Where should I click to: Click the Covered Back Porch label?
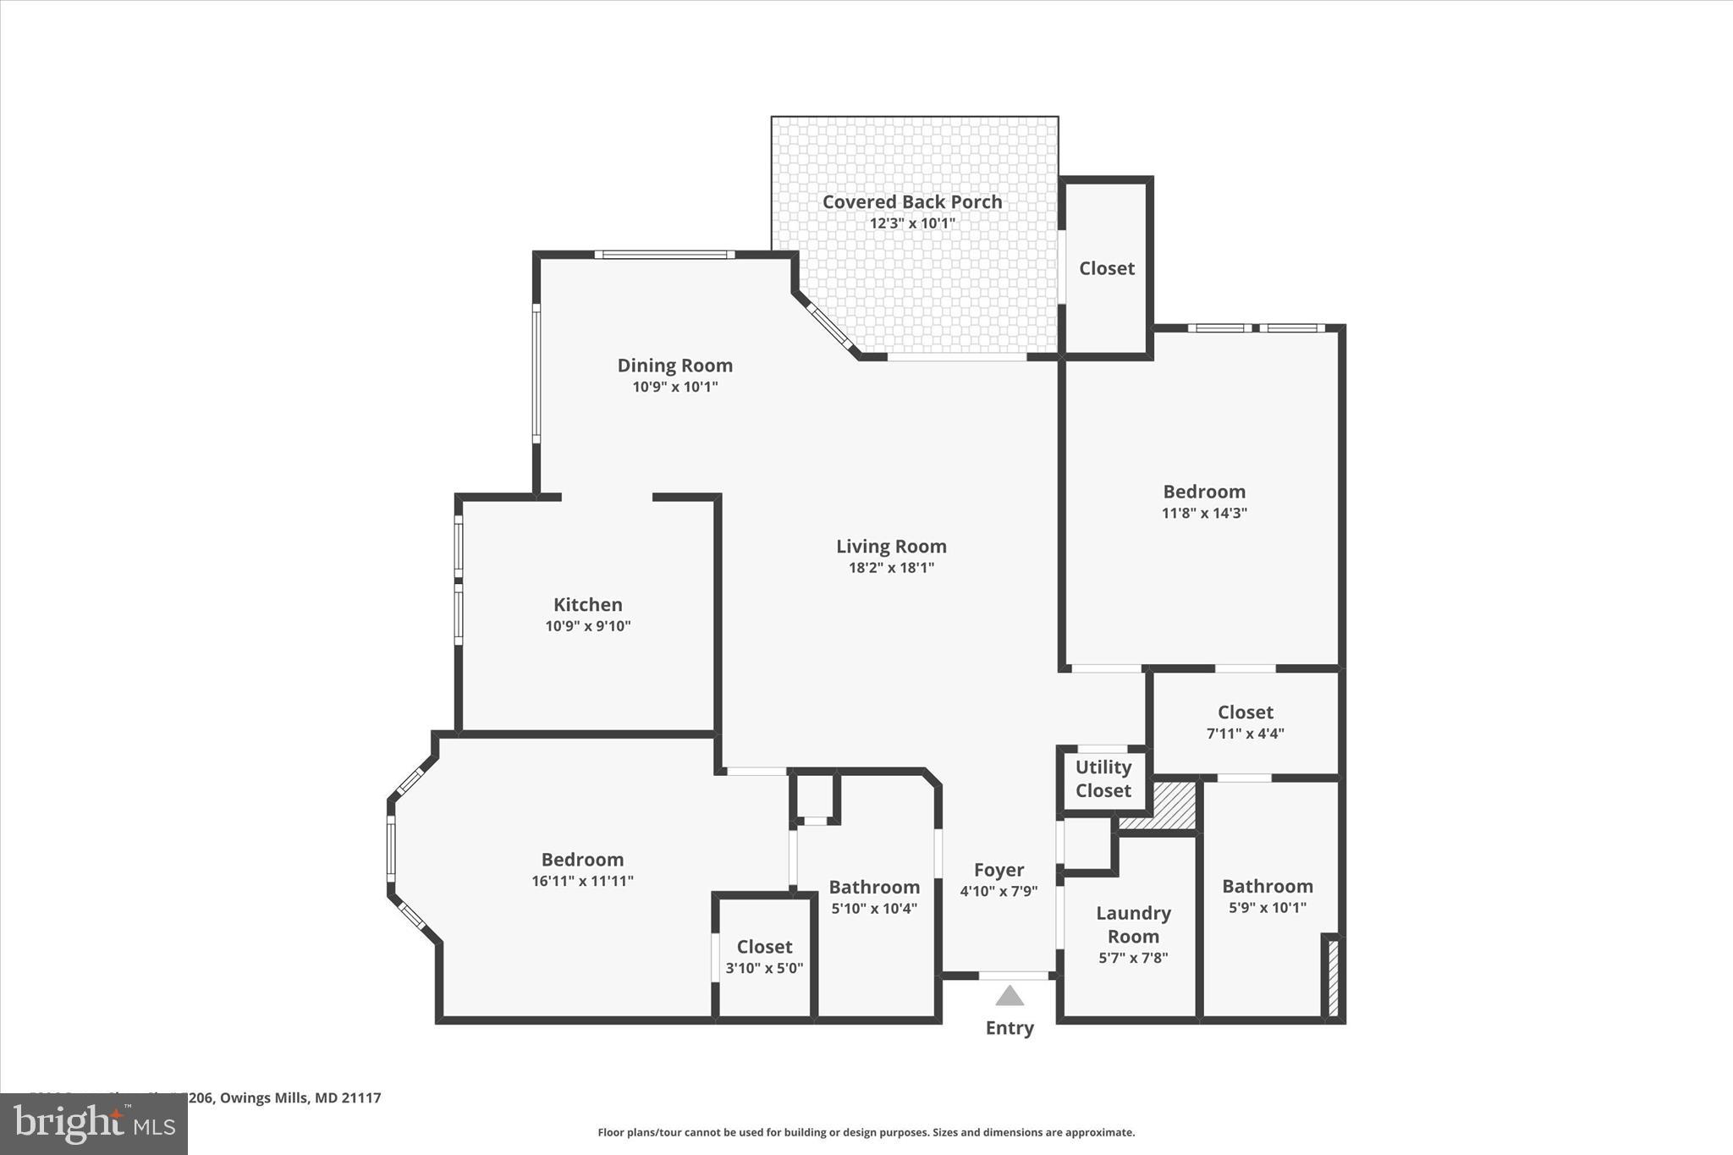(x=911, y=202)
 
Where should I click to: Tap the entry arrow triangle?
(x=1009, y=996)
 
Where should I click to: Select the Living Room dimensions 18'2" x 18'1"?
(x=891, y=568)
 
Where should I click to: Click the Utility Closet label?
(x=1103, y=778)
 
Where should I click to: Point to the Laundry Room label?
(x=1133, y=924)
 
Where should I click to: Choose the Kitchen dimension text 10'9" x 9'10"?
(x=587, y=626)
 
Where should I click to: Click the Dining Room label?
(x=674, y=366)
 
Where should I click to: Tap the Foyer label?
(x=999, y=870)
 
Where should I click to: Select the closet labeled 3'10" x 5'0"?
(x=764, y=947)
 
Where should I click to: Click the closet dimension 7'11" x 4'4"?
(x=1245, y=734)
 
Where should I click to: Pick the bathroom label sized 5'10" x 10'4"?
(x=874, y=887)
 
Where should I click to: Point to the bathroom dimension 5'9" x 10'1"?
(x=1267, y=908)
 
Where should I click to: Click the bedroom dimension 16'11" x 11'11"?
(x=582, y=881)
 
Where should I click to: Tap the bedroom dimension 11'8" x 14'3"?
(x=1204, y=513)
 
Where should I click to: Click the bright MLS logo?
(x=94, y=1124)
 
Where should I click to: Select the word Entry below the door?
(x=1010, y=1028)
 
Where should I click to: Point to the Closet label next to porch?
(x=1106, y=268)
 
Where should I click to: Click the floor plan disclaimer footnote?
(x=866, y=1132)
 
